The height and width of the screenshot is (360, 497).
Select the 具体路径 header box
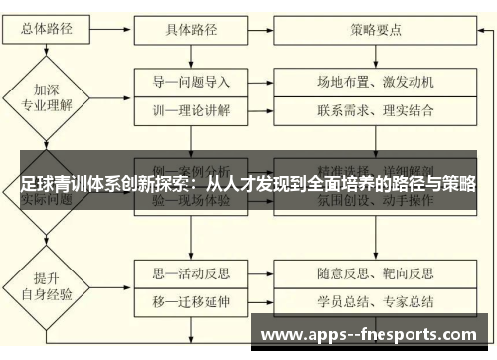point(191,28)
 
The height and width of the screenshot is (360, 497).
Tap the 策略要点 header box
point(376,28)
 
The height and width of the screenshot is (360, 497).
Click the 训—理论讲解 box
point(191,109)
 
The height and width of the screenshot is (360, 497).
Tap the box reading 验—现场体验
point(191,200)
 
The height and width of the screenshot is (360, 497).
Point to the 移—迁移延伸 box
point(191,299)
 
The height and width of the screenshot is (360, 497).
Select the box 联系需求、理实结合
point(376,109)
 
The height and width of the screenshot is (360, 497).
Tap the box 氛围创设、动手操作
point(376,200)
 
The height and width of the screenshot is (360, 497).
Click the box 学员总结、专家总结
point(376,299)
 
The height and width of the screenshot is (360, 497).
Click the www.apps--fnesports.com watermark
point(367,333)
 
